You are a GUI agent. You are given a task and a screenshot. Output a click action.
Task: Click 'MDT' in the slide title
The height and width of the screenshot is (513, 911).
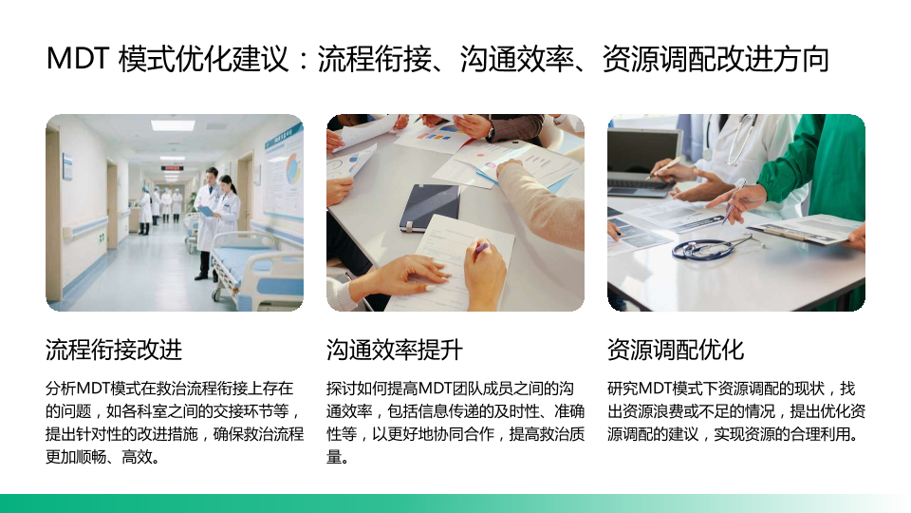(x=78, y=59)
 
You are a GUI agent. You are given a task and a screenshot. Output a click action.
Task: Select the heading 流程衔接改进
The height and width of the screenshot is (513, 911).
(x=114, y=351)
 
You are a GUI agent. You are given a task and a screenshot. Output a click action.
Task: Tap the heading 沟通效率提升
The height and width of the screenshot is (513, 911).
(x=395, y=351)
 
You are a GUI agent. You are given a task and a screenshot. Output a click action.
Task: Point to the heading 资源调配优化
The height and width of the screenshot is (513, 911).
(x=676, y=351)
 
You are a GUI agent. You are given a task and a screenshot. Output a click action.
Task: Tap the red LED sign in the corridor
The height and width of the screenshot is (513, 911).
(x=172, y=167)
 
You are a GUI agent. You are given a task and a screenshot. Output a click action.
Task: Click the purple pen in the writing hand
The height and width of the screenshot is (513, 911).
(x=481, y=248)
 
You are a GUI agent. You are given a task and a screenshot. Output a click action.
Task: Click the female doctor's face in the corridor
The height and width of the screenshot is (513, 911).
(x=226, y=186)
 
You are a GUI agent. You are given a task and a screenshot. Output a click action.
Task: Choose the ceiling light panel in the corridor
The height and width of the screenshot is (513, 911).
(x=173, y=124)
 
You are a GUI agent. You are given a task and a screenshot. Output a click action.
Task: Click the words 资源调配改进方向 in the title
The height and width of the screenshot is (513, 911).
(x=716, y=59)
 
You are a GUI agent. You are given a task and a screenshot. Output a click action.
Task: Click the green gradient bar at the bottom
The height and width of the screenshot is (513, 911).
(x=455, y=503)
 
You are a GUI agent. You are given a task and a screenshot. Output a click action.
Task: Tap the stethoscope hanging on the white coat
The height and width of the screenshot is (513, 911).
(x=739, y=140)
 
